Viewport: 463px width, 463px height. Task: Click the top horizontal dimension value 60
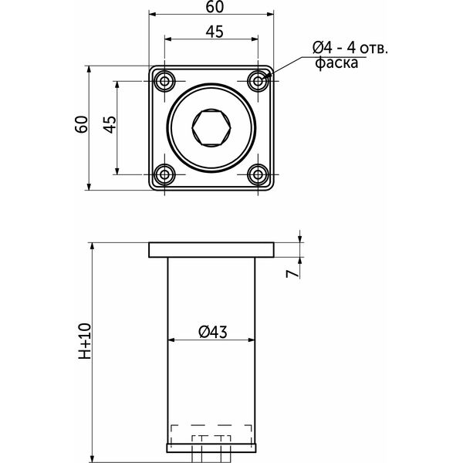[x=215, y=7]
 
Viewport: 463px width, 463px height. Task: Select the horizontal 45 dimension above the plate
[x=215, y=32]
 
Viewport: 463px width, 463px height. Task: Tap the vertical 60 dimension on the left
[x=82, y=124]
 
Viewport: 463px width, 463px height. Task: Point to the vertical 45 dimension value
[x=110, y=124]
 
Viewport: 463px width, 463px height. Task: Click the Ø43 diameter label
[x=213, y=332]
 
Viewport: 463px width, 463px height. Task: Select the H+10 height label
[x=85, y=341]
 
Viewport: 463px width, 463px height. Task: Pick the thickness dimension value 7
[x=292, y=274]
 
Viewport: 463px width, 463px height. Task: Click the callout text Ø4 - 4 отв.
[x=350, y=48]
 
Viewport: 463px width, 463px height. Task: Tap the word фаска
[x=336, y=63]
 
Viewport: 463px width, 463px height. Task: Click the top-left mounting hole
[x=164, y=81]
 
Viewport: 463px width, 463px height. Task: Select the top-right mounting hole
[x=258, y=81]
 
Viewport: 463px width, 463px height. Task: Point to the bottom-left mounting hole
[x=164, y=174]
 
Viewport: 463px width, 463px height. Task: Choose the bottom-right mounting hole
[x=258, y=174]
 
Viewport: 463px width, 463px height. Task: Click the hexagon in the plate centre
[x=211, y=128]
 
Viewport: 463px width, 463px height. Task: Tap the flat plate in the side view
[x=211, y=250]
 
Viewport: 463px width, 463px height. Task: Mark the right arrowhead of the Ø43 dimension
[x=252, y=340]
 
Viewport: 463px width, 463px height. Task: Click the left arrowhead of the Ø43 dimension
[x=171, y=340]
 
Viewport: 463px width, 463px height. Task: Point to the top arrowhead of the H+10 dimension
[x=92, y=247]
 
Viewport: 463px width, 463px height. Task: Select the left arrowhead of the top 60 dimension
[x=153, y=14]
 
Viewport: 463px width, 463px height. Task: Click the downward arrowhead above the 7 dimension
[x=300, y=238]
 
